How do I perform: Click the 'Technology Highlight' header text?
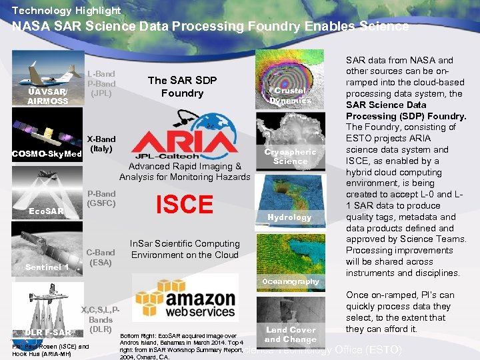66,10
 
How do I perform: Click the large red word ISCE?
184,205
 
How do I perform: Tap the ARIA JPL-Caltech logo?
184,144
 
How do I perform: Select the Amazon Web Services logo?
185,297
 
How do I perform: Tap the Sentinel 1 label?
47,267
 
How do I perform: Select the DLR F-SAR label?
48,332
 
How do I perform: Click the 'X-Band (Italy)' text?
101,144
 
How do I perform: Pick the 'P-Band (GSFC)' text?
101,198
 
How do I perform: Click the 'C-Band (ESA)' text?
101,257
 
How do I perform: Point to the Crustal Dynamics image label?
290,95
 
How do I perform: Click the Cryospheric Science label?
290,156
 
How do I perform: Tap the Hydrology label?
289,217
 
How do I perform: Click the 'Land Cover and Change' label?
290,334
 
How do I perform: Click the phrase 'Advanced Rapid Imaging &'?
185,166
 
